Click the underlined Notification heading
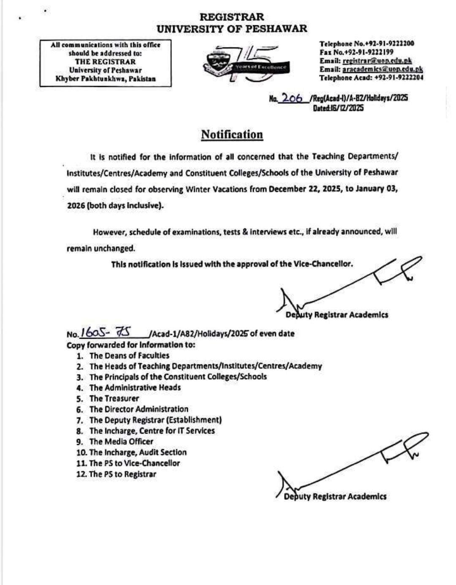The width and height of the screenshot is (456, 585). [x=232, y=135]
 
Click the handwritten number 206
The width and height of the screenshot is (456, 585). [x=292, y=98]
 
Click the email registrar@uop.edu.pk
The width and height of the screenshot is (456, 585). [x=377, y=61]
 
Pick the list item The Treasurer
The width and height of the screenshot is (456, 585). [x=114, y=398]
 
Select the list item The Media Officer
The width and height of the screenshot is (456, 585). [x=121, y=442]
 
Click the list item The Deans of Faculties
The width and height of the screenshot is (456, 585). [x=129, y=356]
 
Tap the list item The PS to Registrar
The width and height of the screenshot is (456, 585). [x=122, y=474]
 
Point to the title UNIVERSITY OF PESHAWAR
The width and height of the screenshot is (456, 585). [x=232, y=29]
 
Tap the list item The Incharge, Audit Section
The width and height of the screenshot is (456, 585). [x=138, y=452]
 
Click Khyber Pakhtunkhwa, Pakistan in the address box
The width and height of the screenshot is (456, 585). [x=106, y=78]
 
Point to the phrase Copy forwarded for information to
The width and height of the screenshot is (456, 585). [x=131, y=345]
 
